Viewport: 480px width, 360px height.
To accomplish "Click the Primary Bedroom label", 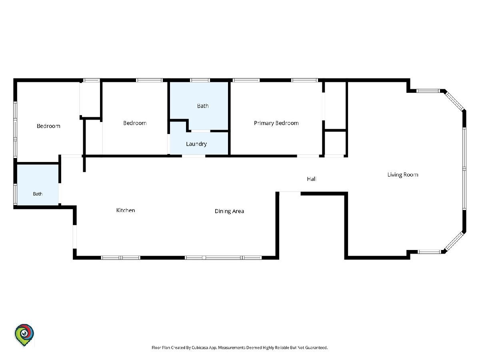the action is click(276, 123).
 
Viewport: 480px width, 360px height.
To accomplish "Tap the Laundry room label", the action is click(196, 144).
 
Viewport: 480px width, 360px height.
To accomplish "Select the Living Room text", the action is click(403, 175).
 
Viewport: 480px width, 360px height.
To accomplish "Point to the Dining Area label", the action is click(229, 211).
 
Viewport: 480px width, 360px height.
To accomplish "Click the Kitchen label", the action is click(126, 210).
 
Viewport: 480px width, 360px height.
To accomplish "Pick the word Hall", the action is click(311, 179).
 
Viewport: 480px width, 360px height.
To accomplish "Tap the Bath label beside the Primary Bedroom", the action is click(203, 106).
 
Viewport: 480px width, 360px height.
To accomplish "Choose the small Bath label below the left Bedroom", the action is click(38, 194).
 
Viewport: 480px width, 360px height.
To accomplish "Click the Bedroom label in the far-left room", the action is click(48, 126).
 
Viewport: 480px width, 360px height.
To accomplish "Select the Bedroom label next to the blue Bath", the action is click(135, 123).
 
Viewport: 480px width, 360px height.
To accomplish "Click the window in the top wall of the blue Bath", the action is click(200, 80).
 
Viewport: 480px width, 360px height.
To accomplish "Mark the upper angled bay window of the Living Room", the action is click(454, 101).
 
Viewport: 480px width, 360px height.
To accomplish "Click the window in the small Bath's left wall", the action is click(15, 194).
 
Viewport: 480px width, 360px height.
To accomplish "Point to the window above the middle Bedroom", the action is click(149, 80).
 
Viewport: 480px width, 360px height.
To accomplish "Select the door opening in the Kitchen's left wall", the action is click(74, 237).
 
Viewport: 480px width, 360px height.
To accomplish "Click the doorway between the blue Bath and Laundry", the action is click(201, 131).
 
